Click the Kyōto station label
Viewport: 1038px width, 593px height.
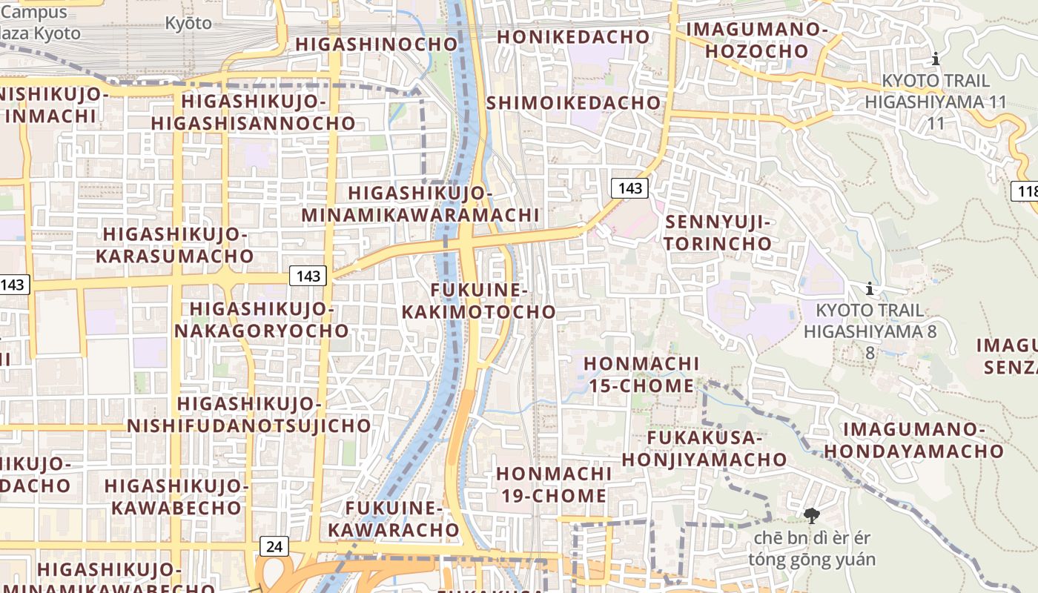click(x=188, y=23)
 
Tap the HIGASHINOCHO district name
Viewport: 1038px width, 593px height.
click(x=377, y=44)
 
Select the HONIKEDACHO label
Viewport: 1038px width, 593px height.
click(x=572, y=36)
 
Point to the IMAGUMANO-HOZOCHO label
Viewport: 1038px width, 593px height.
click(x=756, y=40)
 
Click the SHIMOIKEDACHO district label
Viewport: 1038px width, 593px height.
click(x=573, y=102)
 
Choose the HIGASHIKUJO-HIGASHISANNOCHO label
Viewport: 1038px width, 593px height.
click(x=254, y=112)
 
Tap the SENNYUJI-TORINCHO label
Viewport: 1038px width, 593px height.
click(x=718, y=233)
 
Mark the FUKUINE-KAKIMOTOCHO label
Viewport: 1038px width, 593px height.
click(x=478, y=300)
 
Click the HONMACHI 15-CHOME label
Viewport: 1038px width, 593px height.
click(x=641, y=374)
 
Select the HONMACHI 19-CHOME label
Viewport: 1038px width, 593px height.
click(x=553, y=484)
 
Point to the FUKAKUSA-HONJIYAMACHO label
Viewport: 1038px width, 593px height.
click(x=704, y=448)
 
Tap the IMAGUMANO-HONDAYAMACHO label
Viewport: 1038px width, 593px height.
click(x=914, y=440)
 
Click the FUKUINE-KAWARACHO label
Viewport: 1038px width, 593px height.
click(x=394, y=519)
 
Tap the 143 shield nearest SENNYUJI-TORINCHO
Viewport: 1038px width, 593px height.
click(x=629, y=188)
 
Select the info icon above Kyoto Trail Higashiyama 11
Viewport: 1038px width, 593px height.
click(x=936, y=59)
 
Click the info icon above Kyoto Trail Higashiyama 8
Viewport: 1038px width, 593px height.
click(x=870, y=288)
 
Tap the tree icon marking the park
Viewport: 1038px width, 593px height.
click(x=811, y=515)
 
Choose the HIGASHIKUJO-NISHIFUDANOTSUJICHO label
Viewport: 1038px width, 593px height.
click(x=249, y=414)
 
